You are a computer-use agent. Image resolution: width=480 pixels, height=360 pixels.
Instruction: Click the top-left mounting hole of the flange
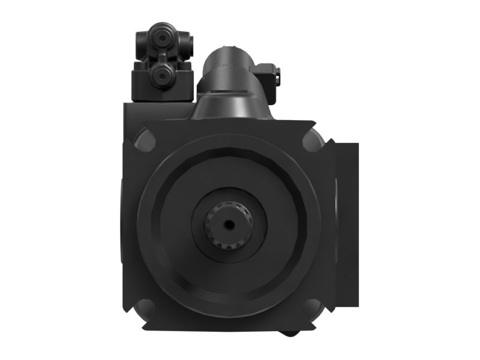[144, 142]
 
